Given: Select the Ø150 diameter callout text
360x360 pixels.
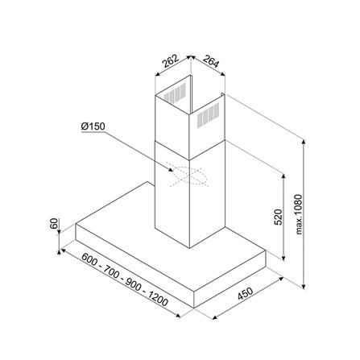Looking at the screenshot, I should pyautogui.click(x=93, y=126).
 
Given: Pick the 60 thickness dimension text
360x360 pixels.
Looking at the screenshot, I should pyautogui.click(x=54, y=223).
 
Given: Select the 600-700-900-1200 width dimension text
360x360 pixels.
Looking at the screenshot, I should pyautogui.click(x=125, y=281).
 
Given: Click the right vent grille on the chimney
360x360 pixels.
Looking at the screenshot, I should pyautogui.click(x=205, y=117).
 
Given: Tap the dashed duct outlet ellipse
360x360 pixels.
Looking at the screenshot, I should pyautogui.click(x=186, y=175).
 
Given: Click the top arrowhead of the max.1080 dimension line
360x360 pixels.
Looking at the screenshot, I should pyautogui.click(x=304, y=141).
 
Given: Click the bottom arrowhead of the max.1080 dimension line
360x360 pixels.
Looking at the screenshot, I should pyautogui.click(x=304, y=287).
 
